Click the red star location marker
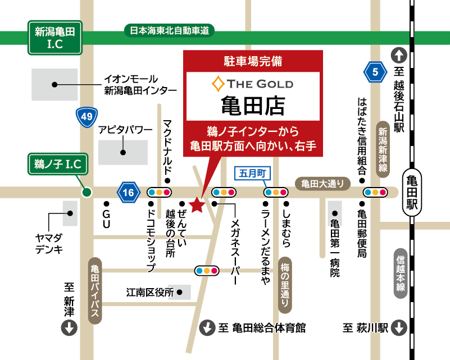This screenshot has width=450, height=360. (x=197, y=206)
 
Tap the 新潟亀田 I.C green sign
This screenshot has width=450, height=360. (x=55, y=38)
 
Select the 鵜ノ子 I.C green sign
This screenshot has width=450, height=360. (x=58, y=164)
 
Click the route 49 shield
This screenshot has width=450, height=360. (x=87, y=117)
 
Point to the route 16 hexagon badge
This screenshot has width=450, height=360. (x=128, y=193)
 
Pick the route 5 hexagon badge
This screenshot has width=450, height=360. (x=375, y=71)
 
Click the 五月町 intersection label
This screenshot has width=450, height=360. (x=252, y=174)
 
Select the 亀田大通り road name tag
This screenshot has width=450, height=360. (x=323, y=183)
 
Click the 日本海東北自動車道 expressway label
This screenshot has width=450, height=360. (x=169, y=31)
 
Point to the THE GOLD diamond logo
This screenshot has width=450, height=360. (x=217, y=84)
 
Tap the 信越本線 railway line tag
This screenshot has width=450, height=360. (x=401, y=273)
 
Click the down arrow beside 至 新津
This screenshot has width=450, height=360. (x=69, y=328)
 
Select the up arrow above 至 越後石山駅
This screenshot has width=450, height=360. (x=399, y=55)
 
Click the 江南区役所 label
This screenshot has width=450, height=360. (x=149, y=293)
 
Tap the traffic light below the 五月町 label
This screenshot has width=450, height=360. (x=276, y=192)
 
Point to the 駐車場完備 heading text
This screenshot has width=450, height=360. (x=253, y=60)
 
